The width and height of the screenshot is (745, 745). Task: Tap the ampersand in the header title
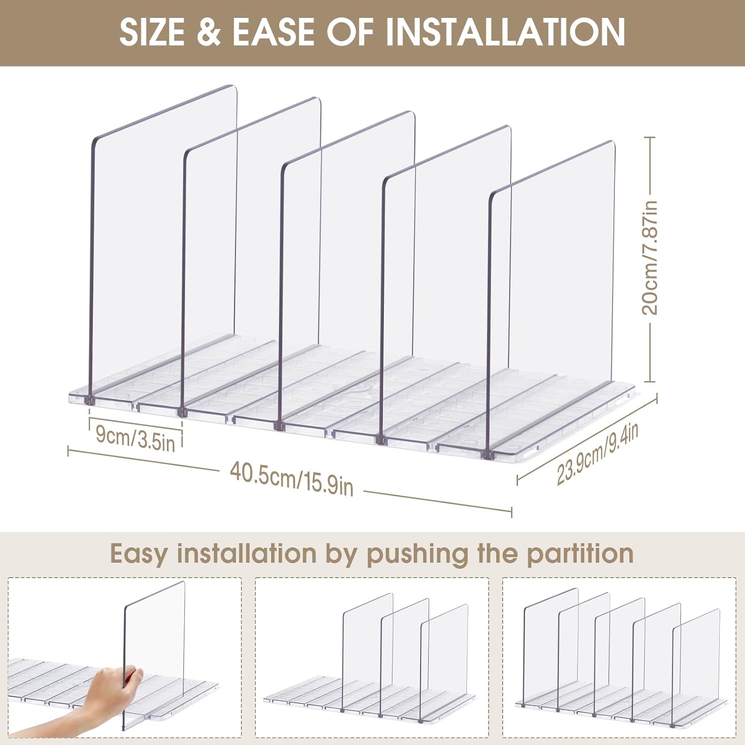coord(209,32)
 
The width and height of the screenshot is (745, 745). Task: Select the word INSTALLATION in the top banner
coord(505,32)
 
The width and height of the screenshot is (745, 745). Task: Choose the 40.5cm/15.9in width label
coord(292,478)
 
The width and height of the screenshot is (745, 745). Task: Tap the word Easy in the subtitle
coord(139,554)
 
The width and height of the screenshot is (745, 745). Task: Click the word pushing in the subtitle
coord(417,554)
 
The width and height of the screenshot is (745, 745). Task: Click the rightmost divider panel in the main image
coord(551,298)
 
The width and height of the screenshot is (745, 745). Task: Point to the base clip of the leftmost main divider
coord(90,400)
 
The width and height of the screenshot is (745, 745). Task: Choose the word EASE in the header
coord(273,32)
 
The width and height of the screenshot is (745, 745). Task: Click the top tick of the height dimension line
coord(651,138)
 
